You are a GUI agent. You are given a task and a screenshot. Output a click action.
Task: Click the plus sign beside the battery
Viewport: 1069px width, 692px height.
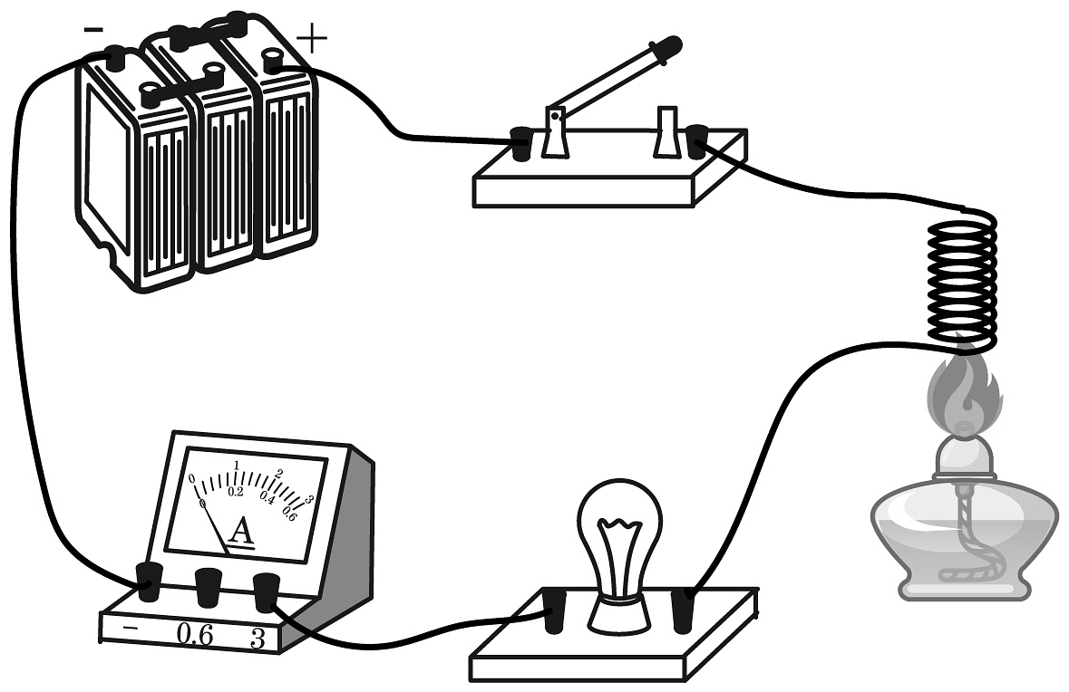pyautogui.click(x=313, y=39)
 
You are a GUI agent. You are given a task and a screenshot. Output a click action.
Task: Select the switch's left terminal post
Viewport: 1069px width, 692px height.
pyautogui.click(x=520, y=144)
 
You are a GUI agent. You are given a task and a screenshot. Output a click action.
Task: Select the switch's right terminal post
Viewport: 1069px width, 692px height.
pyautogui.click(x=696, y=142)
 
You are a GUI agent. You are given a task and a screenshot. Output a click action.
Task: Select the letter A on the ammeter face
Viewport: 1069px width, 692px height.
pyautogui.click(x=240, y=533)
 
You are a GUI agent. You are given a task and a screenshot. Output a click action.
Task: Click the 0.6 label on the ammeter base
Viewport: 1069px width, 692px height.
pyautogui.click(x=194, y=635)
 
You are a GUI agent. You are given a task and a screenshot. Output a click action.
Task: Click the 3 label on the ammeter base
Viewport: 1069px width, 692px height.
pyautogui.click(x=258, y=639)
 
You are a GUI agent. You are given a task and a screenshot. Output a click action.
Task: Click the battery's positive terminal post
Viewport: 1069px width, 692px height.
pyautogui.click(x=271, y=61)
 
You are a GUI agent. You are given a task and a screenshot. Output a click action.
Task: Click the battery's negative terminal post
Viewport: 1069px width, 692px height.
pyautogui.click(x=116, y=57)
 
